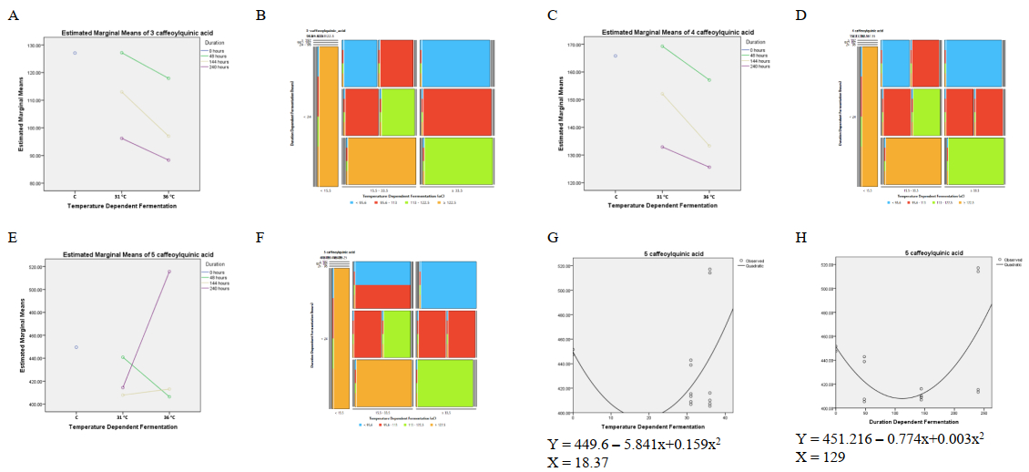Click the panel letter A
click(12, 15)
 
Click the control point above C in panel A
click(76, 53)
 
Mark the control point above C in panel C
click(616, 56)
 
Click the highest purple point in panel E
click(169, 272)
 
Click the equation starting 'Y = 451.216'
click(891, 437)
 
